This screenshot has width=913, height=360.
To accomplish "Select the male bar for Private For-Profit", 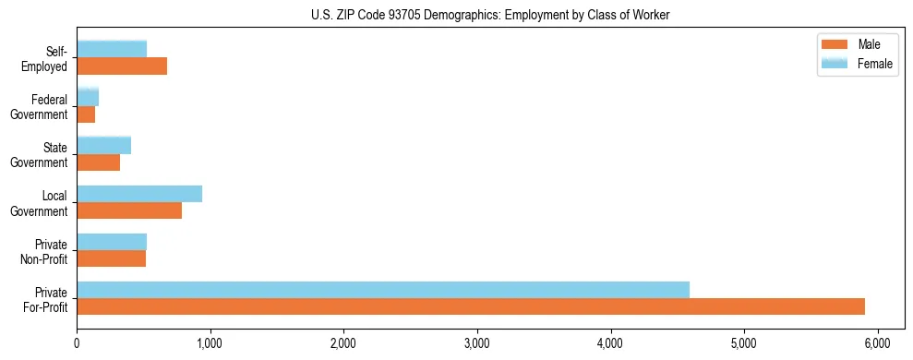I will click(x=471, y=306).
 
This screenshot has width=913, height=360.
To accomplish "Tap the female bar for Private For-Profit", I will click(x=383, y=290).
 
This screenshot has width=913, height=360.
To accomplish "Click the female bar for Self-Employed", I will click(x=112, y=49).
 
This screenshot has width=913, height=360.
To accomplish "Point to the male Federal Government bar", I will click(x=86, y=114).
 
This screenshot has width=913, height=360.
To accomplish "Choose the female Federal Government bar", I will click(x=88, y=97).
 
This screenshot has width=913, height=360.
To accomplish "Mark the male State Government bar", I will click(x=99, y=162).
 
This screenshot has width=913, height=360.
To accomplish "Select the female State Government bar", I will click(x=104, y=145).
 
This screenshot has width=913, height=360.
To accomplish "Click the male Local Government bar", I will click(x=129, y=210).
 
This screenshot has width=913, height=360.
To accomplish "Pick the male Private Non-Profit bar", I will click(x=112, y=258).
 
